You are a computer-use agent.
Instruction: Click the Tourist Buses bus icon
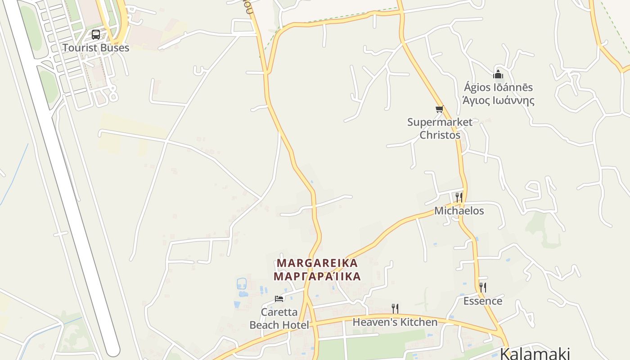96,35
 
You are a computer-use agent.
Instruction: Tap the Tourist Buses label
96,48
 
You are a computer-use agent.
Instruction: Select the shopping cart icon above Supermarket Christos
440,109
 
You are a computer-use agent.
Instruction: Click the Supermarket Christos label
440,128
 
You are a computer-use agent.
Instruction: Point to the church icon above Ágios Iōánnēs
498,74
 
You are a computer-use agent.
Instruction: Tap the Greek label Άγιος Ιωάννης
499,100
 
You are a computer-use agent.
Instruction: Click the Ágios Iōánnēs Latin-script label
499,87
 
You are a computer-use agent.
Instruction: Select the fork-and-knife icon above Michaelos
459,197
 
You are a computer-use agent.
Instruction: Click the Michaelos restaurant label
459,211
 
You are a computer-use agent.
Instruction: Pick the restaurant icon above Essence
483,287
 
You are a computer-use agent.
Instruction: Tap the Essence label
483,301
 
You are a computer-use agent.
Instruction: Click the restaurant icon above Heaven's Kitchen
395,309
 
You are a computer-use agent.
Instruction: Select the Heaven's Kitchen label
395,322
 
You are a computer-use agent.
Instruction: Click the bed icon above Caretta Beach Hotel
279,299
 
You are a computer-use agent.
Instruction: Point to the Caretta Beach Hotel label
279,318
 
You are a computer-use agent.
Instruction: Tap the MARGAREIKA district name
317,263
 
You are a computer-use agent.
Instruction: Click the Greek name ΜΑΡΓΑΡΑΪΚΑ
317,276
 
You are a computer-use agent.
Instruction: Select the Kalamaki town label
535,353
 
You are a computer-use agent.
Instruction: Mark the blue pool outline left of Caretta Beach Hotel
242,283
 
